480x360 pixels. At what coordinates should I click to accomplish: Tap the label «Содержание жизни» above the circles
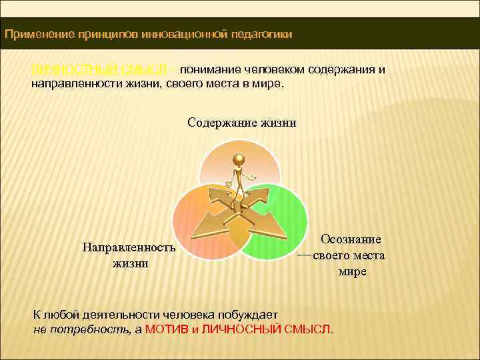(x=241, y=123)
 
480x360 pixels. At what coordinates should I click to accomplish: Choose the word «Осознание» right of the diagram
(x=351, y=239)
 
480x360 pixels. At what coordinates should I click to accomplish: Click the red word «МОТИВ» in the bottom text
(x=167, y=329)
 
